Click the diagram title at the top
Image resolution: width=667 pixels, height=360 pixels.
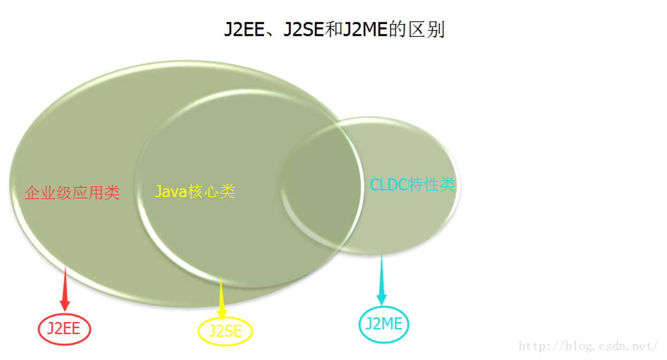click(x=334, y=29)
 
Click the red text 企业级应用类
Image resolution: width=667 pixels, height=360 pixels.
click(x=72, y=192)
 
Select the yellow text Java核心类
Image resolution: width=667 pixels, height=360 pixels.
click(x=195, y=191)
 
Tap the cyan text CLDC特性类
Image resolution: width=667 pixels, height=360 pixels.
click(x=413, y=184)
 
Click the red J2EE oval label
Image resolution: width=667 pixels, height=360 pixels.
click(x=64, y=329)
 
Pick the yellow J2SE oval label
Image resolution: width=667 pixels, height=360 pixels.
click(x=225, y=331)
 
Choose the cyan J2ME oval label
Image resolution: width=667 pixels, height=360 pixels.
click(x=384, y=324)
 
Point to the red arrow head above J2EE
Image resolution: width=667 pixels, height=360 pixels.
click(x=65, y=306)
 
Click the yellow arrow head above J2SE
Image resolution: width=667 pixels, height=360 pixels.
click(x=222, y=315)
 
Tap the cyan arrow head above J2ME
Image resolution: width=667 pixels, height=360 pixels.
click(x=382, y=300)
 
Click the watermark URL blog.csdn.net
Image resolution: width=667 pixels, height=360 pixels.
click(x=588, y=346)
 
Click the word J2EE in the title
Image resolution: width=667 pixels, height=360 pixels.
click(x=244, y=29)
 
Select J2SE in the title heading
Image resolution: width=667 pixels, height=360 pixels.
click(x=304, y=29)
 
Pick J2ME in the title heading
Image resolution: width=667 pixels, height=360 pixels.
click(x=365, y=29)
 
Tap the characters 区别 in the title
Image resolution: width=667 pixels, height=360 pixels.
click(x=426, y=29)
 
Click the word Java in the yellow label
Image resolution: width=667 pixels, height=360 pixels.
click(x=171, y=191)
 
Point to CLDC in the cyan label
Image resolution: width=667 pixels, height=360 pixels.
click(x=389, y=184)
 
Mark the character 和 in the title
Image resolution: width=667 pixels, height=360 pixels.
click(x=333, y=29)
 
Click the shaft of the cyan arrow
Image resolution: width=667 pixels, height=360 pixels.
click(x=382, y=273)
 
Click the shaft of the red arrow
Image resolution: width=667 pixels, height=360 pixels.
click(x=65, y=283)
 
